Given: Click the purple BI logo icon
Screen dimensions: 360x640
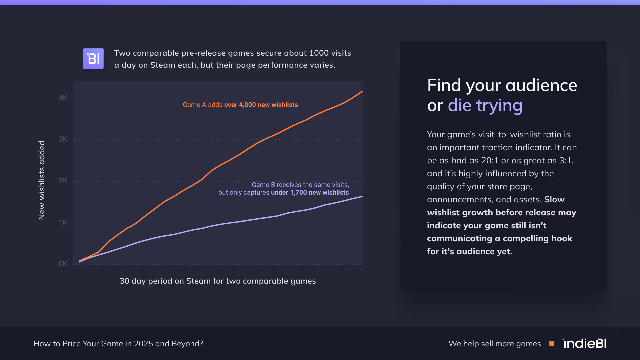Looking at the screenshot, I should pyautogui.click(x=93, y=59).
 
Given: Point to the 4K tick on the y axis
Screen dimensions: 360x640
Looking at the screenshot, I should pyautogui.click(x=63, y=98).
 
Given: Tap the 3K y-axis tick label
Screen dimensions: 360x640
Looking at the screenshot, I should pyautogui.click(x=63, y=139).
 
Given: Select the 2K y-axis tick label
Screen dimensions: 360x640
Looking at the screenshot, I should pyautogui.click(x=63, y=181).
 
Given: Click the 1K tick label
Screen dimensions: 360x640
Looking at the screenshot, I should pyautogui.click(x=63, y=223).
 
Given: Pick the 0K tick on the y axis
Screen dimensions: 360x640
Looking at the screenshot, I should pyautogui.click(x=63, y=264).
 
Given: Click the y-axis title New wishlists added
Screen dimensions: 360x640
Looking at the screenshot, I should pyautogui.click(x=42, y=180).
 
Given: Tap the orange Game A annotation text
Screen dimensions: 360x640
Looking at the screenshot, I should pyautogui.click(x=240, y=105).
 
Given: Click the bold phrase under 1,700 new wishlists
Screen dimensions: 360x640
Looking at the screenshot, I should pyautogui.click(x=310, y=193).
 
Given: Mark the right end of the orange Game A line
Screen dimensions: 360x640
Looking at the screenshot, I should pyautogui.click(x=362, y=91).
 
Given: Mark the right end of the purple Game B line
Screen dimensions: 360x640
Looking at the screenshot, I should pyautogui.click(x=362, y=196).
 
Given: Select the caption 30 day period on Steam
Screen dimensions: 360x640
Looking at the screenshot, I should pyautogui.click(x=218, y=281).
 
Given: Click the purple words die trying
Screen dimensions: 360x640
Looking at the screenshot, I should pyautogui.click(x=485, y=105).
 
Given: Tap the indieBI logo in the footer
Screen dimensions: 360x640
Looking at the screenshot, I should pyautogui.click(x=584, y=343).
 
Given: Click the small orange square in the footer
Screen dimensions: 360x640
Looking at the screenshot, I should pyautogui.click(x=552, y=343).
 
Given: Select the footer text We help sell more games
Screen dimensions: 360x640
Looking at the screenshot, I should pyautogui.click(x=495, y=344).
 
